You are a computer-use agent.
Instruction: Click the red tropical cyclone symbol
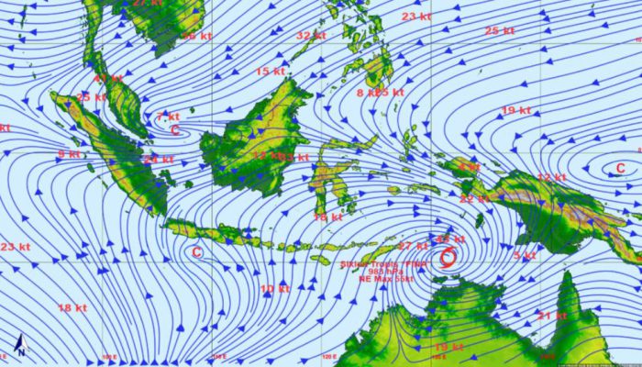point(448,256)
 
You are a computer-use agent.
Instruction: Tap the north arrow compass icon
point(19,347)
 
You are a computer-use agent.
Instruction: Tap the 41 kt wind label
point(109,79)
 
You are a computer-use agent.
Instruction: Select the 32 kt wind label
point(311,35)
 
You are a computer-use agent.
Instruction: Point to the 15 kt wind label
point(270,71)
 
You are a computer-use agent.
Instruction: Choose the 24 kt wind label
point(160,160)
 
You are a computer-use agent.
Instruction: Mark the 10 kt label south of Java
point(274,289)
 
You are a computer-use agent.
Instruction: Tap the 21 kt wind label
point(552,315)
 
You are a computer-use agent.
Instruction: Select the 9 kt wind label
point(68,154)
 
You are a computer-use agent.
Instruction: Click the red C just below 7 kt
point(174,130)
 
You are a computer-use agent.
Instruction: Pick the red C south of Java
point(195,251)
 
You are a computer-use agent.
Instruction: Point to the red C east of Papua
point(621,167)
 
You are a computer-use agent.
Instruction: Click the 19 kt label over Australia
point(449,348)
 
